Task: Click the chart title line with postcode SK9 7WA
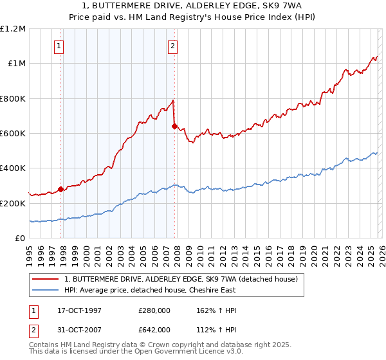[x=193, y=5]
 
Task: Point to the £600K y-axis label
[x=13, y=134]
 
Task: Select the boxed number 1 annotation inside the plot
[x=59, y=46]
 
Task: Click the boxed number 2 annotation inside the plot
[x=173, y=46]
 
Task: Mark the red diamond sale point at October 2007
[x=174, y=126]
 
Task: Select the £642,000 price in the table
[x=154, y=330]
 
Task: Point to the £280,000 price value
[x=154, y=310]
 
